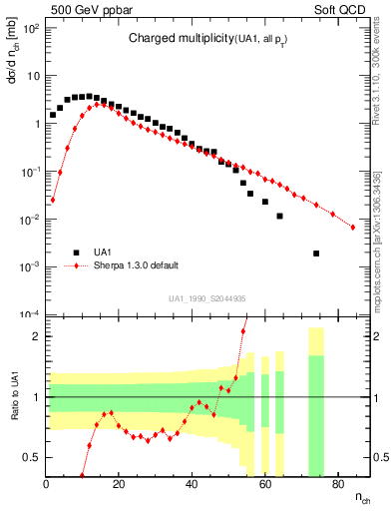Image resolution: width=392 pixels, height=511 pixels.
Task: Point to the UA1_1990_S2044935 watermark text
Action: (x=208, y=298)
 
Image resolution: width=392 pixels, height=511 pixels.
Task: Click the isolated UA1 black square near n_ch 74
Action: (x=316, y=254)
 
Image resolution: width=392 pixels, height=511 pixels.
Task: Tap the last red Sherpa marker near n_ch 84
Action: (x=352, y=228)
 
